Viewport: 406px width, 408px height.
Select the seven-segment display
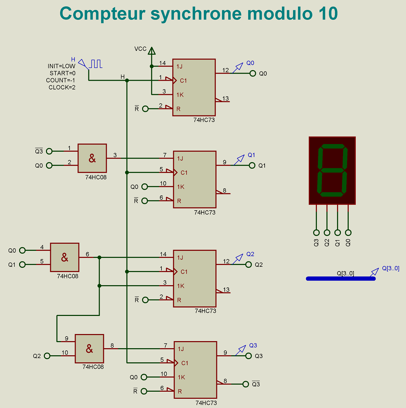click(332, 171)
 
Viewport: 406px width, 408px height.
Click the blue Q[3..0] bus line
click(340, 279)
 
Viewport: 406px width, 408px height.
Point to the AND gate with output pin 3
click(92, 158)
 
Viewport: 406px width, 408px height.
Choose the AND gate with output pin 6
click(65, 257)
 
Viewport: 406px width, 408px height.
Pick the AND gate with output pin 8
click(89, 349)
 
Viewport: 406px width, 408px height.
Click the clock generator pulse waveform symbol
click(96, 64)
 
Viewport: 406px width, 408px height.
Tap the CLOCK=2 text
click(62, 87)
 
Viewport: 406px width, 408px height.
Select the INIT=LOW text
click(61, 66)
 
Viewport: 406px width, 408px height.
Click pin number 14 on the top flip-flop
click(162, 63)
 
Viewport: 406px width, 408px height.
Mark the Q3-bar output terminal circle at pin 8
click(246, 384)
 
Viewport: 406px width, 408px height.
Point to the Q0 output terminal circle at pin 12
click(253, 74)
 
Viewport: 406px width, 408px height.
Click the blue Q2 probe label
click(250, 254)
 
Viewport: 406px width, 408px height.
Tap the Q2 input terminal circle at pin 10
click(47, 356)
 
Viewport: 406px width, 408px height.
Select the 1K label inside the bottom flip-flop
click(181, 377)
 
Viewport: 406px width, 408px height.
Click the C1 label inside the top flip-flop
click(183, 81)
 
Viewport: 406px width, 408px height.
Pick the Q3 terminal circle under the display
click(316, 232)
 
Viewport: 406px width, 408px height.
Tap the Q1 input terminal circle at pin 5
click(22, 264)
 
